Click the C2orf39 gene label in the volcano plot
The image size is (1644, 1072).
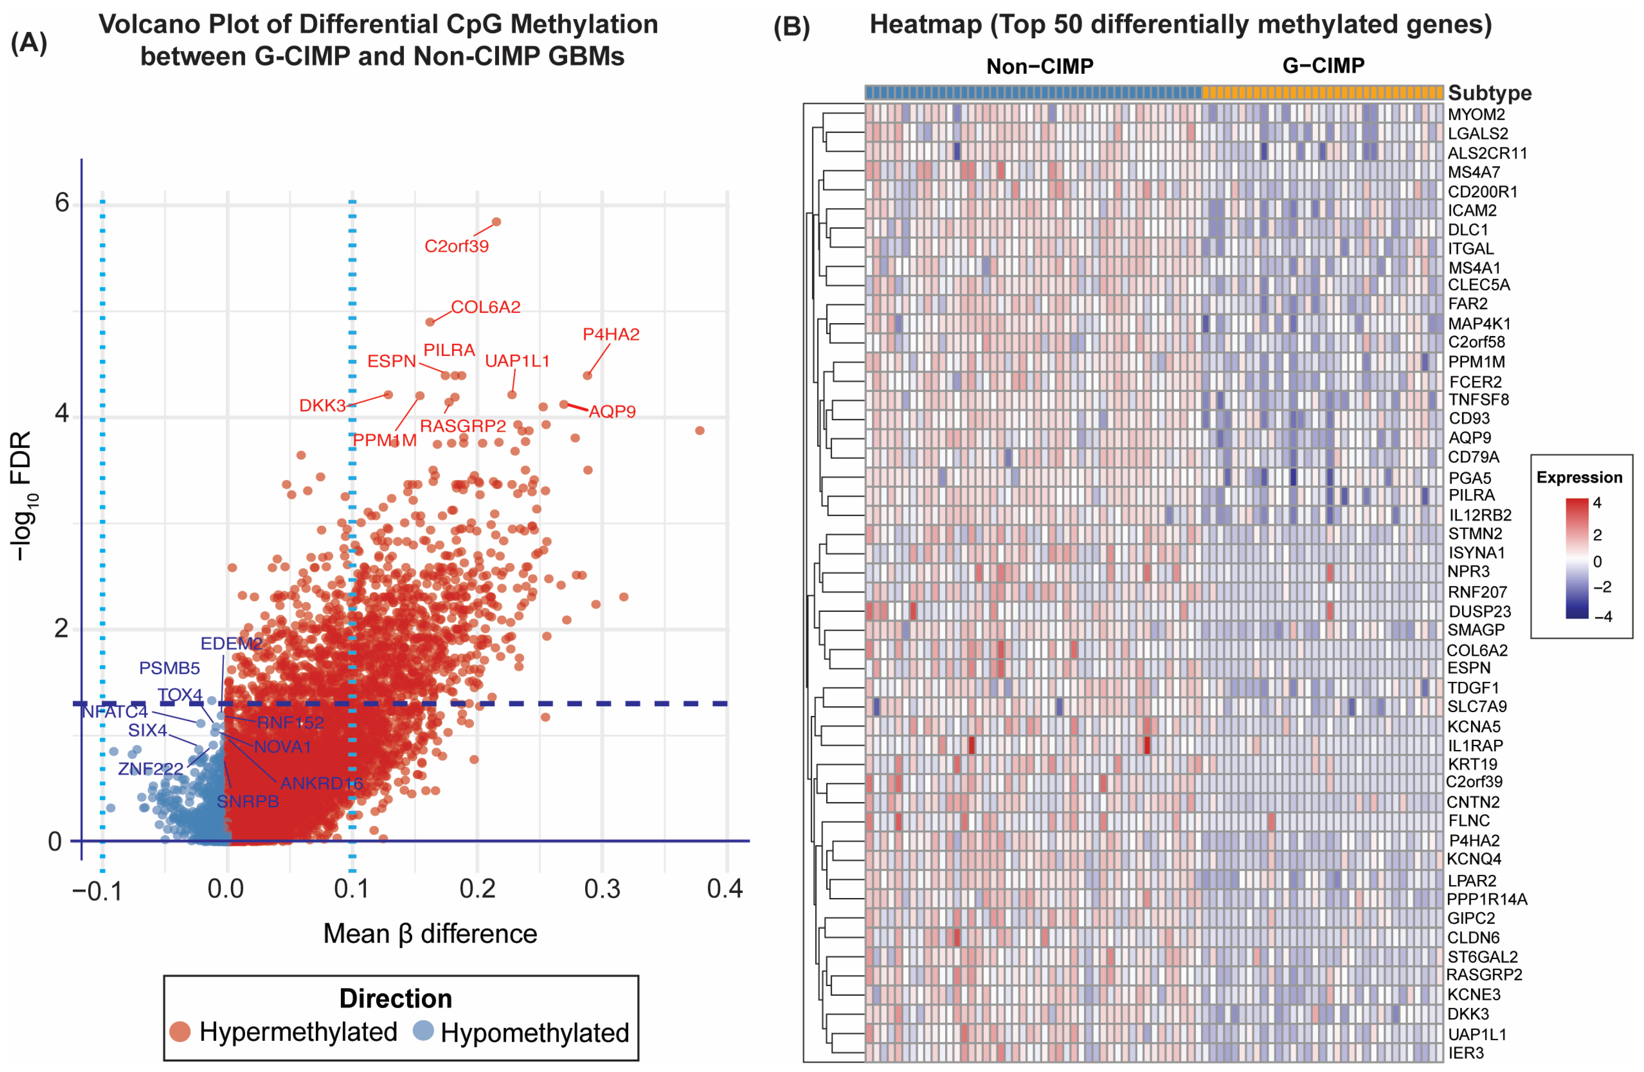coord(456,246)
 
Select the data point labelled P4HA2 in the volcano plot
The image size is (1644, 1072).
coord(587,375)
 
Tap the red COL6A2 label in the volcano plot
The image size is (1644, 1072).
coord(486,307)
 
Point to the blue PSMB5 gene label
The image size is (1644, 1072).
coord(169,668)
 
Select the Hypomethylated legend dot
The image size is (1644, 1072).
coord(423,1031)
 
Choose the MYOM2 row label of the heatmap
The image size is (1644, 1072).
coord(1476,114)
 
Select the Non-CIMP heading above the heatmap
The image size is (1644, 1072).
coord(1040,67)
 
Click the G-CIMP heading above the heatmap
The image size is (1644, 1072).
coord(1323,66)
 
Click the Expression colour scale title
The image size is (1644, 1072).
coord(1579,477)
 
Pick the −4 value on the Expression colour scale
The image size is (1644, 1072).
coord(1603,616)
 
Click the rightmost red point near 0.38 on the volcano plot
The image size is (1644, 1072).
coord(700,431)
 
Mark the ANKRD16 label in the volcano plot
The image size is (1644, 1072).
coord(321,783)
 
